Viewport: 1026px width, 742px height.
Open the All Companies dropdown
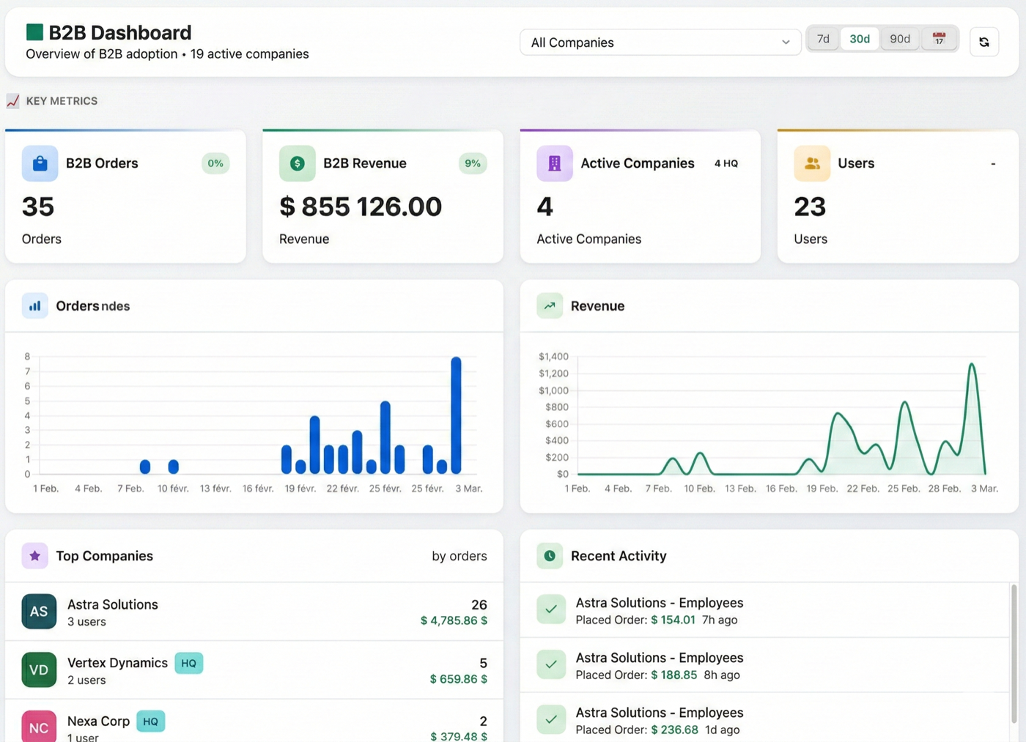point(660,42)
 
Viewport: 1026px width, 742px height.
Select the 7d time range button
point(823,39)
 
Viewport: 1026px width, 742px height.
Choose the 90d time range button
point(899,39)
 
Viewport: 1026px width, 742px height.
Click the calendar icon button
point(939,39)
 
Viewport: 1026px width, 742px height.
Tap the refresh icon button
point(983,42)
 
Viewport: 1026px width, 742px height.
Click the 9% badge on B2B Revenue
point(473,163)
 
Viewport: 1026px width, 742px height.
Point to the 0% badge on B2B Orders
point(215,163)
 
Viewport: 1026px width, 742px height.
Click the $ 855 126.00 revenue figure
point(361,207)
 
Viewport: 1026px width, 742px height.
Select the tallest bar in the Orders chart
point(456,415)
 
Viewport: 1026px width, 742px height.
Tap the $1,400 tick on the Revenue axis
point(553,357)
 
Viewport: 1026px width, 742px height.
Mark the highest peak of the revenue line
point(972,365)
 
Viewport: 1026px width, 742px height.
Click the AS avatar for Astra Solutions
point(39,612)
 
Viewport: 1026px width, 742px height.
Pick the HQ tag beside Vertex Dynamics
point(188,663)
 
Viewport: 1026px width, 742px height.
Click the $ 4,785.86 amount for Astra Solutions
point(454,620)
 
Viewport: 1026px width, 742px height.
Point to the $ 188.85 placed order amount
point(673,675)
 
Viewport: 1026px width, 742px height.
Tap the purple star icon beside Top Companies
point(34,556)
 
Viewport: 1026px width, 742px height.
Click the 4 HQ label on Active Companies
point(726,163)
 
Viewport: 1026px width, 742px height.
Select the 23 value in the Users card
point(810,207)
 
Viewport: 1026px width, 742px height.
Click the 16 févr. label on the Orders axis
point(258,489)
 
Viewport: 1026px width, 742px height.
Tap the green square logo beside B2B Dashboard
point(34,31)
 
